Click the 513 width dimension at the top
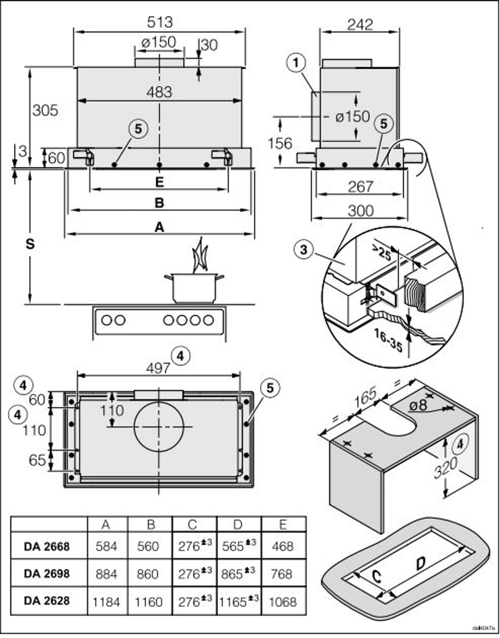[x=160, y=22]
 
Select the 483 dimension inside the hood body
[x=159, y=93]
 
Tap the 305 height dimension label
[x=45, y=111]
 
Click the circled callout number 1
[x=296, y=63]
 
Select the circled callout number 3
[x=303, y=250]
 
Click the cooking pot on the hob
[x=194, y=288]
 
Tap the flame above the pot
[x=200, y=256]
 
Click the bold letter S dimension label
[x=30, y=244]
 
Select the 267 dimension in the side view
[x=360, y=187]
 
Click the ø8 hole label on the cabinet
[x=418, y=405]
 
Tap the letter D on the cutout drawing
[x=420, y=563]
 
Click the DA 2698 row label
[x=47, y=574]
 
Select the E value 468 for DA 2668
[x=282, y=546]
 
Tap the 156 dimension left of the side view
[x=280, y=144]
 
